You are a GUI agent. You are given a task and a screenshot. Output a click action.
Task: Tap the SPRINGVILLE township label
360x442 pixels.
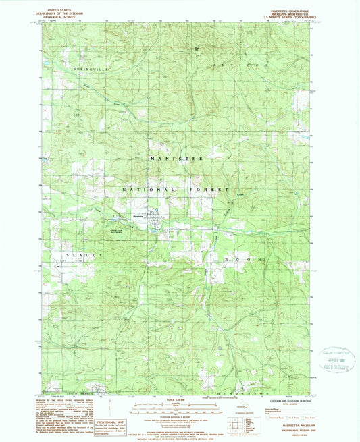click(86, 69)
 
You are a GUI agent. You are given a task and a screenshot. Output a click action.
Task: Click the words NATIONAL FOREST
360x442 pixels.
click(177, 191)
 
